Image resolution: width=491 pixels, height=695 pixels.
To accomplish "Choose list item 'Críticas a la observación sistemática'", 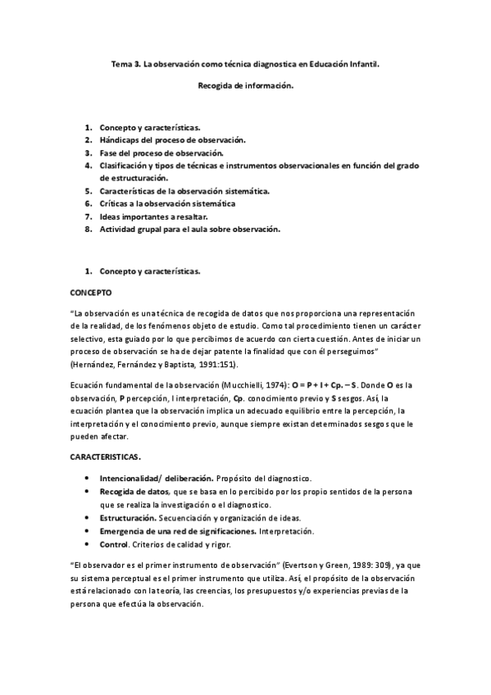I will (168, 203).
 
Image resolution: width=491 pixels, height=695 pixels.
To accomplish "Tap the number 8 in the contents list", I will (87, 229).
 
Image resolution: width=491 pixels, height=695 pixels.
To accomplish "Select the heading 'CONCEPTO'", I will (92, 292).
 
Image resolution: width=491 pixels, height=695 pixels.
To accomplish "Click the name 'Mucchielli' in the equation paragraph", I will (245, 384).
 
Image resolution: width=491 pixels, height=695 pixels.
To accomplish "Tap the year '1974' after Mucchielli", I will (280, 384).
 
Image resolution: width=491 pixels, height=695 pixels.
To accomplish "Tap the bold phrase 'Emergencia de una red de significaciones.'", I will (180, 532).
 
